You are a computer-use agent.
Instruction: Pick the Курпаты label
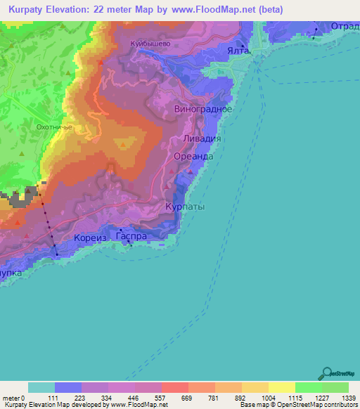(x=185, y=208)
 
